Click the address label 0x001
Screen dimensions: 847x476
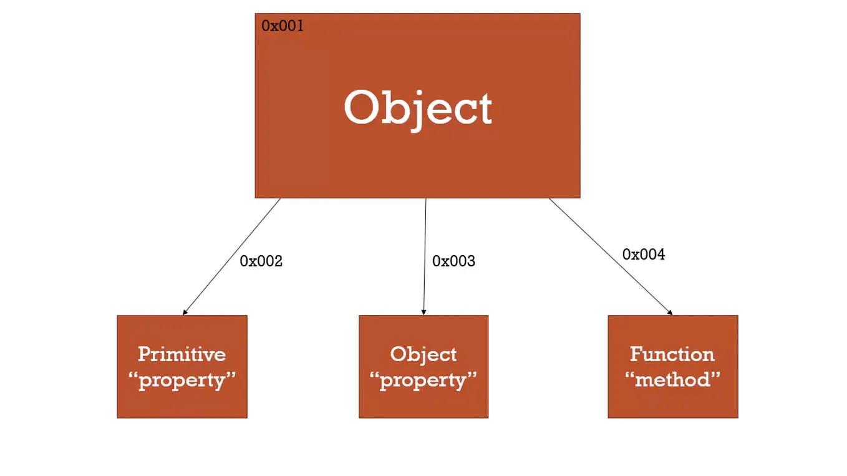[283, 26]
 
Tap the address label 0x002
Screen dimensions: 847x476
[261, 261]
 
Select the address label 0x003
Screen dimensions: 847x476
[453, 261]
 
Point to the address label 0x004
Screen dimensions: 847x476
[644, 254]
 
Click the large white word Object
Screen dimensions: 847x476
[418, 110]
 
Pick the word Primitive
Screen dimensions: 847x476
[182, 354]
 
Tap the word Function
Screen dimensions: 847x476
[672, 354]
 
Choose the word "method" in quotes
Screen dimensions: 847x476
[672, 379]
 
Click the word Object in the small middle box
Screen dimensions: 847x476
[423, 355]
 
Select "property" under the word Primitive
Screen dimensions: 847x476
[182, 381]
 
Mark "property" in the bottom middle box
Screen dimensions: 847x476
[423, 381]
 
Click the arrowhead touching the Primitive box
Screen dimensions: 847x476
[185, 313]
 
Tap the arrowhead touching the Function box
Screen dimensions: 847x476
[670, 313]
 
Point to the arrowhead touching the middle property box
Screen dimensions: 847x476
[423, 313]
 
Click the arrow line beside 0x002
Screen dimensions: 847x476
[231, 256]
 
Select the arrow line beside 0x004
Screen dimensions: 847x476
[611, 256]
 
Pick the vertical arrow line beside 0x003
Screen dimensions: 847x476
[425, 256]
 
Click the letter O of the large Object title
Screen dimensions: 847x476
[362, 107]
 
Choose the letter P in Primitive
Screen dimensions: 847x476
[145, 354]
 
